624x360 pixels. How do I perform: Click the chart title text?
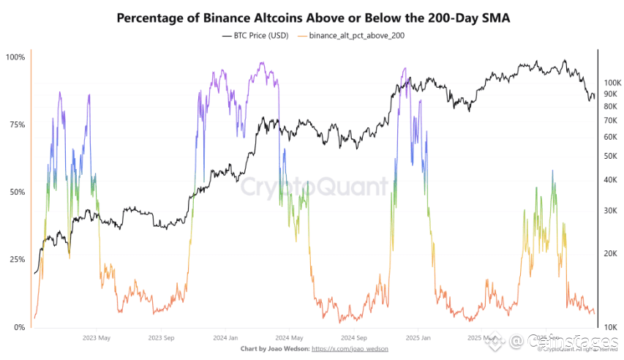click(312, 16)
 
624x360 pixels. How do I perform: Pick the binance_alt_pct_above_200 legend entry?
click(353, 34)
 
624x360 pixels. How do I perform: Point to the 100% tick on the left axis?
click(15, 57)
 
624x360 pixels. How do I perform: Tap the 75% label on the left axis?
click(16, 125)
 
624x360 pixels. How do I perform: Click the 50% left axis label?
click(16, 192)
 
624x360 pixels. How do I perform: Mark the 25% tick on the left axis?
click(16, 260)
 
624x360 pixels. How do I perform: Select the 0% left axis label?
click(18, 327)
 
